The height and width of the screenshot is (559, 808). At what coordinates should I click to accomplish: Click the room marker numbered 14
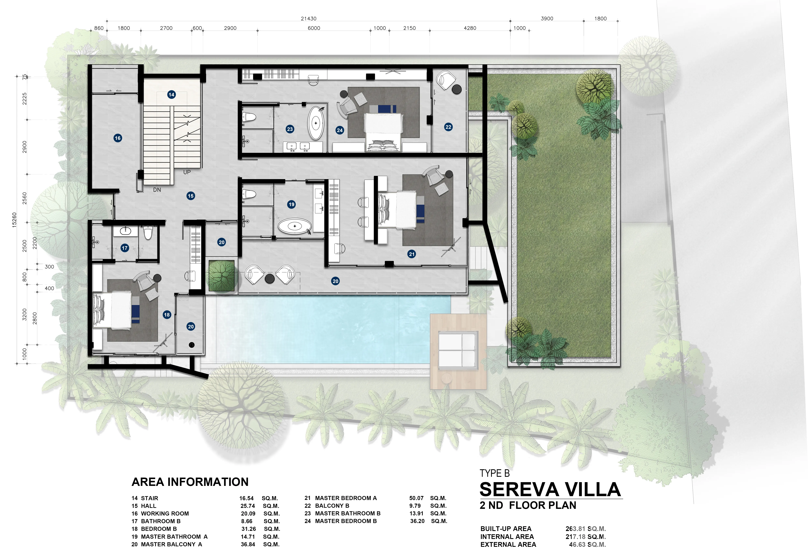(171, 95)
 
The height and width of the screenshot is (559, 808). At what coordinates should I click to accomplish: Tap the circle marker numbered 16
(118, 138)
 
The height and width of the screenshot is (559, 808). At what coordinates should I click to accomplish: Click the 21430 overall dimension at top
(309, 19)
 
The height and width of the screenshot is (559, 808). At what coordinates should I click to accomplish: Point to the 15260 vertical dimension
(14, 220)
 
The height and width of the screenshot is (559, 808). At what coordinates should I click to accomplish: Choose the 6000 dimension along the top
(314, 28)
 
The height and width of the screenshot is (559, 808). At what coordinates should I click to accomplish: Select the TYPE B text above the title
(494, 474)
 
